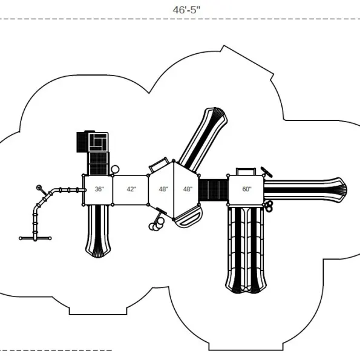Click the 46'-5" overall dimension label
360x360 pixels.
pos(186,10)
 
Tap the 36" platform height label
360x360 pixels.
pos(99,189)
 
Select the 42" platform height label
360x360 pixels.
pos(131,189)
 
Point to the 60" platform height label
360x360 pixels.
pos(247,189)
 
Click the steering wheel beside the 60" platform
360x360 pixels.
pos(267,172)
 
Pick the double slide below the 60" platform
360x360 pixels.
pos(246,250)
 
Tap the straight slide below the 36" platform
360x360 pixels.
pos(98,231)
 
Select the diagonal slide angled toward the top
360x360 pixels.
pos(203,139)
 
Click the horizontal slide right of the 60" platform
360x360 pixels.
pos(306,190)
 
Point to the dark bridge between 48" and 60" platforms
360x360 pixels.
pos(214,191)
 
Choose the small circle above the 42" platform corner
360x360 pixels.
pos(115,169)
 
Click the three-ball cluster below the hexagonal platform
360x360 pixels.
pos(157,224)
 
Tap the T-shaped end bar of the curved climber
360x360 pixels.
pos(35,238)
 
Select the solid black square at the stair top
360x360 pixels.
pos(82,142)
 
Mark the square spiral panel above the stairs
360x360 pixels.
pos(98,142)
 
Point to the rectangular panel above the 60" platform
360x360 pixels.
pos(246,171)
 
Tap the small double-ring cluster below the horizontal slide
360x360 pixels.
pos(269,206)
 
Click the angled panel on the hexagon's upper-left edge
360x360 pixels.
pos(159,165)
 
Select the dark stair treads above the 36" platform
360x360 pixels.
pos(98,164)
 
